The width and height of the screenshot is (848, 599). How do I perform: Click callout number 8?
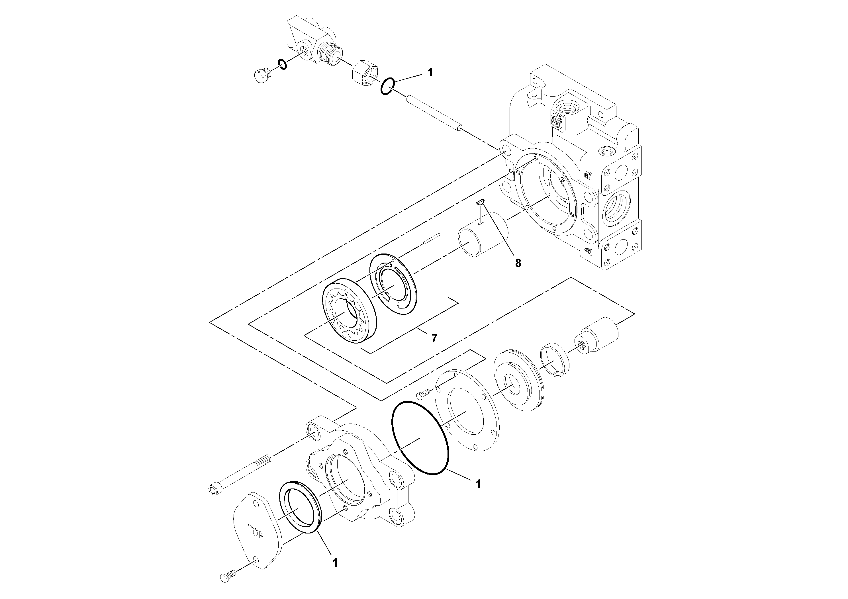[518, 263]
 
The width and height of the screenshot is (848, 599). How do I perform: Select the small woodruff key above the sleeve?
[480, 202]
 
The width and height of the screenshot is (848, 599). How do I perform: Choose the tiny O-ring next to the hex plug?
[283, 64]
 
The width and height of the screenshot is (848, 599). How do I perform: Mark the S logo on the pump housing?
[557, 121]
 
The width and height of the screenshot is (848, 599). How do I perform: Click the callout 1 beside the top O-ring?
[430, 72]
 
